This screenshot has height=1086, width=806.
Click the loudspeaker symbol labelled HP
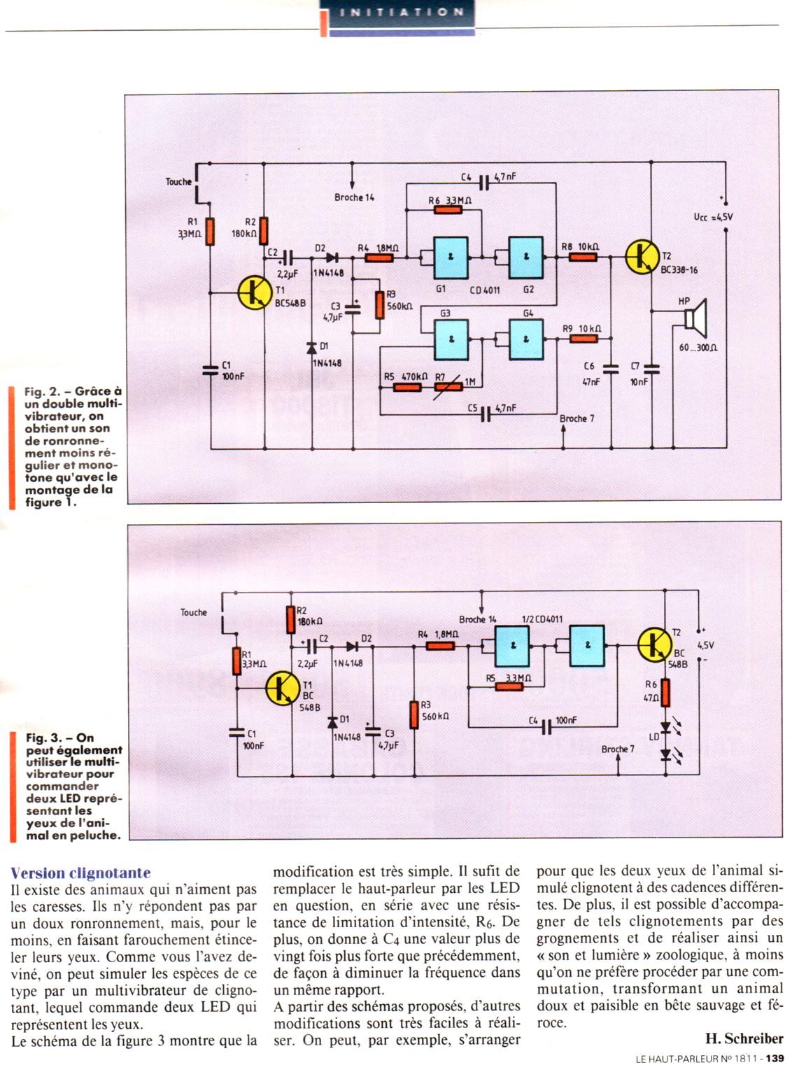[696, 318]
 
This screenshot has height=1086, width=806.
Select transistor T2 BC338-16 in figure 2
[642, 257]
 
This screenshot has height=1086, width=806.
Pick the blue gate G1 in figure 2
[451, 257]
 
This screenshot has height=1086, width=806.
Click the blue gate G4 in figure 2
[526, 339]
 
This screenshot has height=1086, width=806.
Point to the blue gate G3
[451, 339]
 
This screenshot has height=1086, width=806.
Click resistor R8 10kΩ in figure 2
[581, 257]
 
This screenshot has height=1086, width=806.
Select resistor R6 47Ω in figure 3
[665, 693]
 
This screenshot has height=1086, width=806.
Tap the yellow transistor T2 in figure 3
[655, 644]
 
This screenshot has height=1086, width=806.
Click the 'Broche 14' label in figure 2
[354, 197]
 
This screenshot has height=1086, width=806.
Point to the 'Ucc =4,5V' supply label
[713, 217]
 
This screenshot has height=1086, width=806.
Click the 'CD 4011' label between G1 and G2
[485, 290]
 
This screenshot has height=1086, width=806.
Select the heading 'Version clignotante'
[80, 873]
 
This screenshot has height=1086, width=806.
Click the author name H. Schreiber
[744, 1038]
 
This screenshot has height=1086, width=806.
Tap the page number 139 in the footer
[775, 1058]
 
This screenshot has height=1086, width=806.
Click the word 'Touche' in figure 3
[194, 612]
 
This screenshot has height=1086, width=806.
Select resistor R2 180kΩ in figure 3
[291, 619]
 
